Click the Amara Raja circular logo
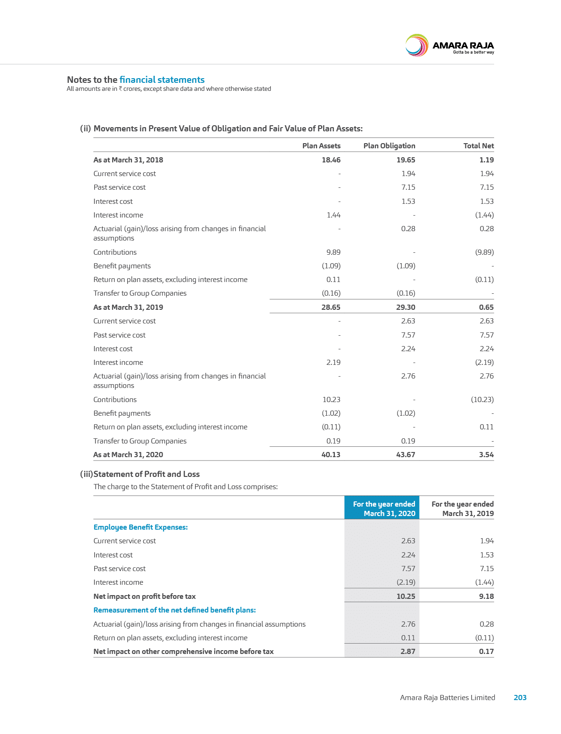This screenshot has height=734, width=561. click(x=416, y=46)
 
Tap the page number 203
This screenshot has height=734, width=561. click(x=520, y=697)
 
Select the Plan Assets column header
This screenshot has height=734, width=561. click(x=321, y=146)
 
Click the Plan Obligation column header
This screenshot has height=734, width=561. click(x=389, y=146)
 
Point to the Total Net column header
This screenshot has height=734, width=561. click(x=479, y=146)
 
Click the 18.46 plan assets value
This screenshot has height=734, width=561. click(x=331, y=160)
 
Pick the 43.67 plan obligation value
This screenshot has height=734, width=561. click(x=406, y=455)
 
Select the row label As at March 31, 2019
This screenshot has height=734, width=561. click(x=128, y=307)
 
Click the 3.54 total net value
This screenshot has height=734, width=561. click(x=486, y=455)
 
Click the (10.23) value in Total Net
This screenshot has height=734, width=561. click(x=482, y=399)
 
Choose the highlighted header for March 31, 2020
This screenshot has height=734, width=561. click(x=382, y=508)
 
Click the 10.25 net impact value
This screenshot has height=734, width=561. click(x=406, y=596)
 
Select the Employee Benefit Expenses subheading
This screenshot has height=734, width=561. click(x=140, y=527)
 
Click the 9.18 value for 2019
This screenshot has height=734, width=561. click(x=486, y=596)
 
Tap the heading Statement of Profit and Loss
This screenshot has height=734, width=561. click(x=146, y=474)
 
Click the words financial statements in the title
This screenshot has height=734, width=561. click(x=162, y=80)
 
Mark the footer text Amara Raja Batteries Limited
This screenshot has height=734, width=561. click(x=447, y=697)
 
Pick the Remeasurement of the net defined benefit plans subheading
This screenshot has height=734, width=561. click(x=175, y=610)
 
